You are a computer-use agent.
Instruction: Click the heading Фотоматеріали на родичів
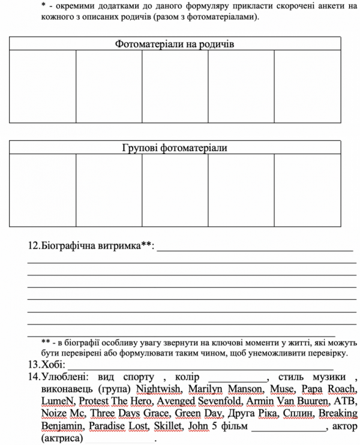[174, 44]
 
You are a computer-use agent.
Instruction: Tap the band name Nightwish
[161, 389]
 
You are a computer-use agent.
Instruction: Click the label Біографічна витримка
[90, 246]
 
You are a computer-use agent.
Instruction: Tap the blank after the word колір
[238, 378]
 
